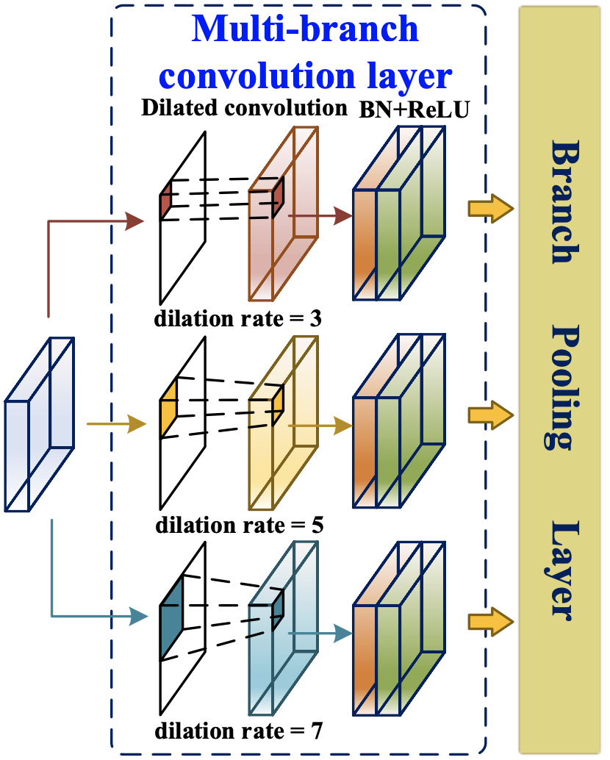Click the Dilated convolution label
[244, 108]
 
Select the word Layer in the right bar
[561, 571]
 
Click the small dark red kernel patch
[166, 200]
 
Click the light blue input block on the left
[40, 424]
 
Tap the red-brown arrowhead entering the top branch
[136, 219]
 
